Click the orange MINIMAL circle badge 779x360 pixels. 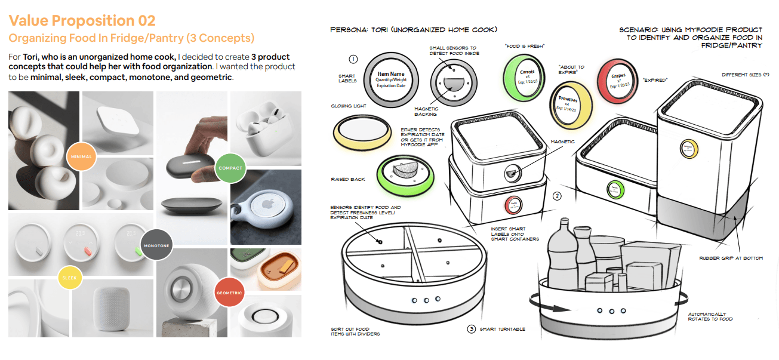click(x=82, y=156)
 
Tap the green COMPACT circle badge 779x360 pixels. click(x=230, y=168)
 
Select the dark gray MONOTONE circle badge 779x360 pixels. click(x=156, y=245)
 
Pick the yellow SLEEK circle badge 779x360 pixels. click(x=70, y=277)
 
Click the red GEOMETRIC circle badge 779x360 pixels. click(x=230, y=293)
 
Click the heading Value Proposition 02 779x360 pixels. click(x=82, y=20)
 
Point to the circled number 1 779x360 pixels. click(x=353, y=59)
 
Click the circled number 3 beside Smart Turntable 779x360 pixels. click(x=472, y=329)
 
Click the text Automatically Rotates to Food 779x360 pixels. click(x=710, y=316)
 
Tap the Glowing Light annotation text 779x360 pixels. click(x=349, y=106)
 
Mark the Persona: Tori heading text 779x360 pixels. click(x=414, y=29)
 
